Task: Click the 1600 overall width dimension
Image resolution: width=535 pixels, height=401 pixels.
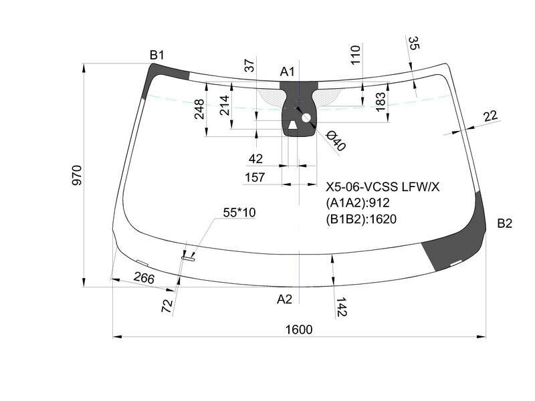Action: [298, 329]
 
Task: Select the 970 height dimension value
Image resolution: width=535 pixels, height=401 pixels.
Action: [78, 175]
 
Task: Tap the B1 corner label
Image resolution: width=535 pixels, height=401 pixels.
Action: [157, 55]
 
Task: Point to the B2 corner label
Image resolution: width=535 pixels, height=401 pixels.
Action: [505, 223]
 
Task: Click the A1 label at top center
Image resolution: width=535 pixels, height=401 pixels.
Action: [287, 72]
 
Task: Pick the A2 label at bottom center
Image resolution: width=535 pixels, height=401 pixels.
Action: [285, 299]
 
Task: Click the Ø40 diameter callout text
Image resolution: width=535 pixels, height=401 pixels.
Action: [336, 141]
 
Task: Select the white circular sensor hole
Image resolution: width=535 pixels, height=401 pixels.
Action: [306, 118]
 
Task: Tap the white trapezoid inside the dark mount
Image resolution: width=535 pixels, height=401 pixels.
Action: [292, 125]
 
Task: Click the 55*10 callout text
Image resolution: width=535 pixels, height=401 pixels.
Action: [239, 213]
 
